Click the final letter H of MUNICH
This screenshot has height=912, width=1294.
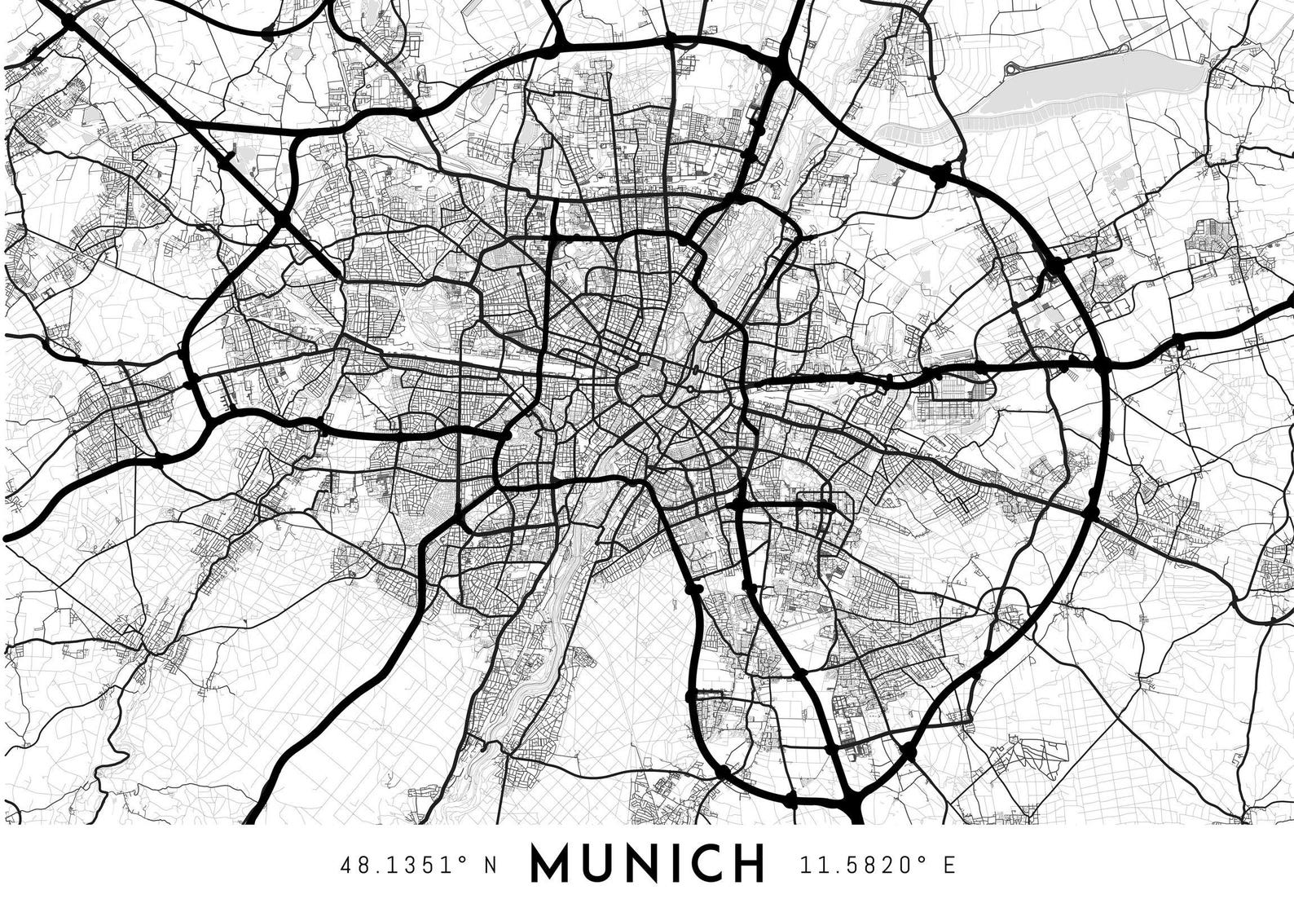point(748,863)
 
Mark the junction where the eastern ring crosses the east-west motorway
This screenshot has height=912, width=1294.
point(1103,368)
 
